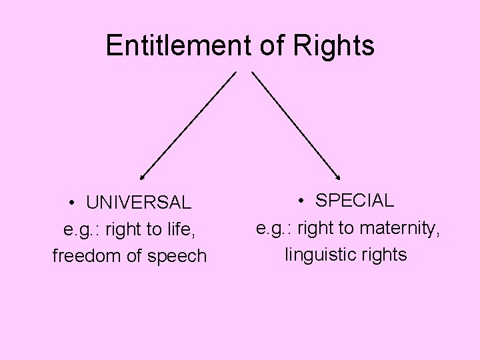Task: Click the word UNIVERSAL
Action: [139, 201]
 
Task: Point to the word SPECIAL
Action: [355, 200]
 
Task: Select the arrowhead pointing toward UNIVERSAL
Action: [142, 178]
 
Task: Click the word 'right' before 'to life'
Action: [124, 229]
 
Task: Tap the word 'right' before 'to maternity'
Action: [317, 228]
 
